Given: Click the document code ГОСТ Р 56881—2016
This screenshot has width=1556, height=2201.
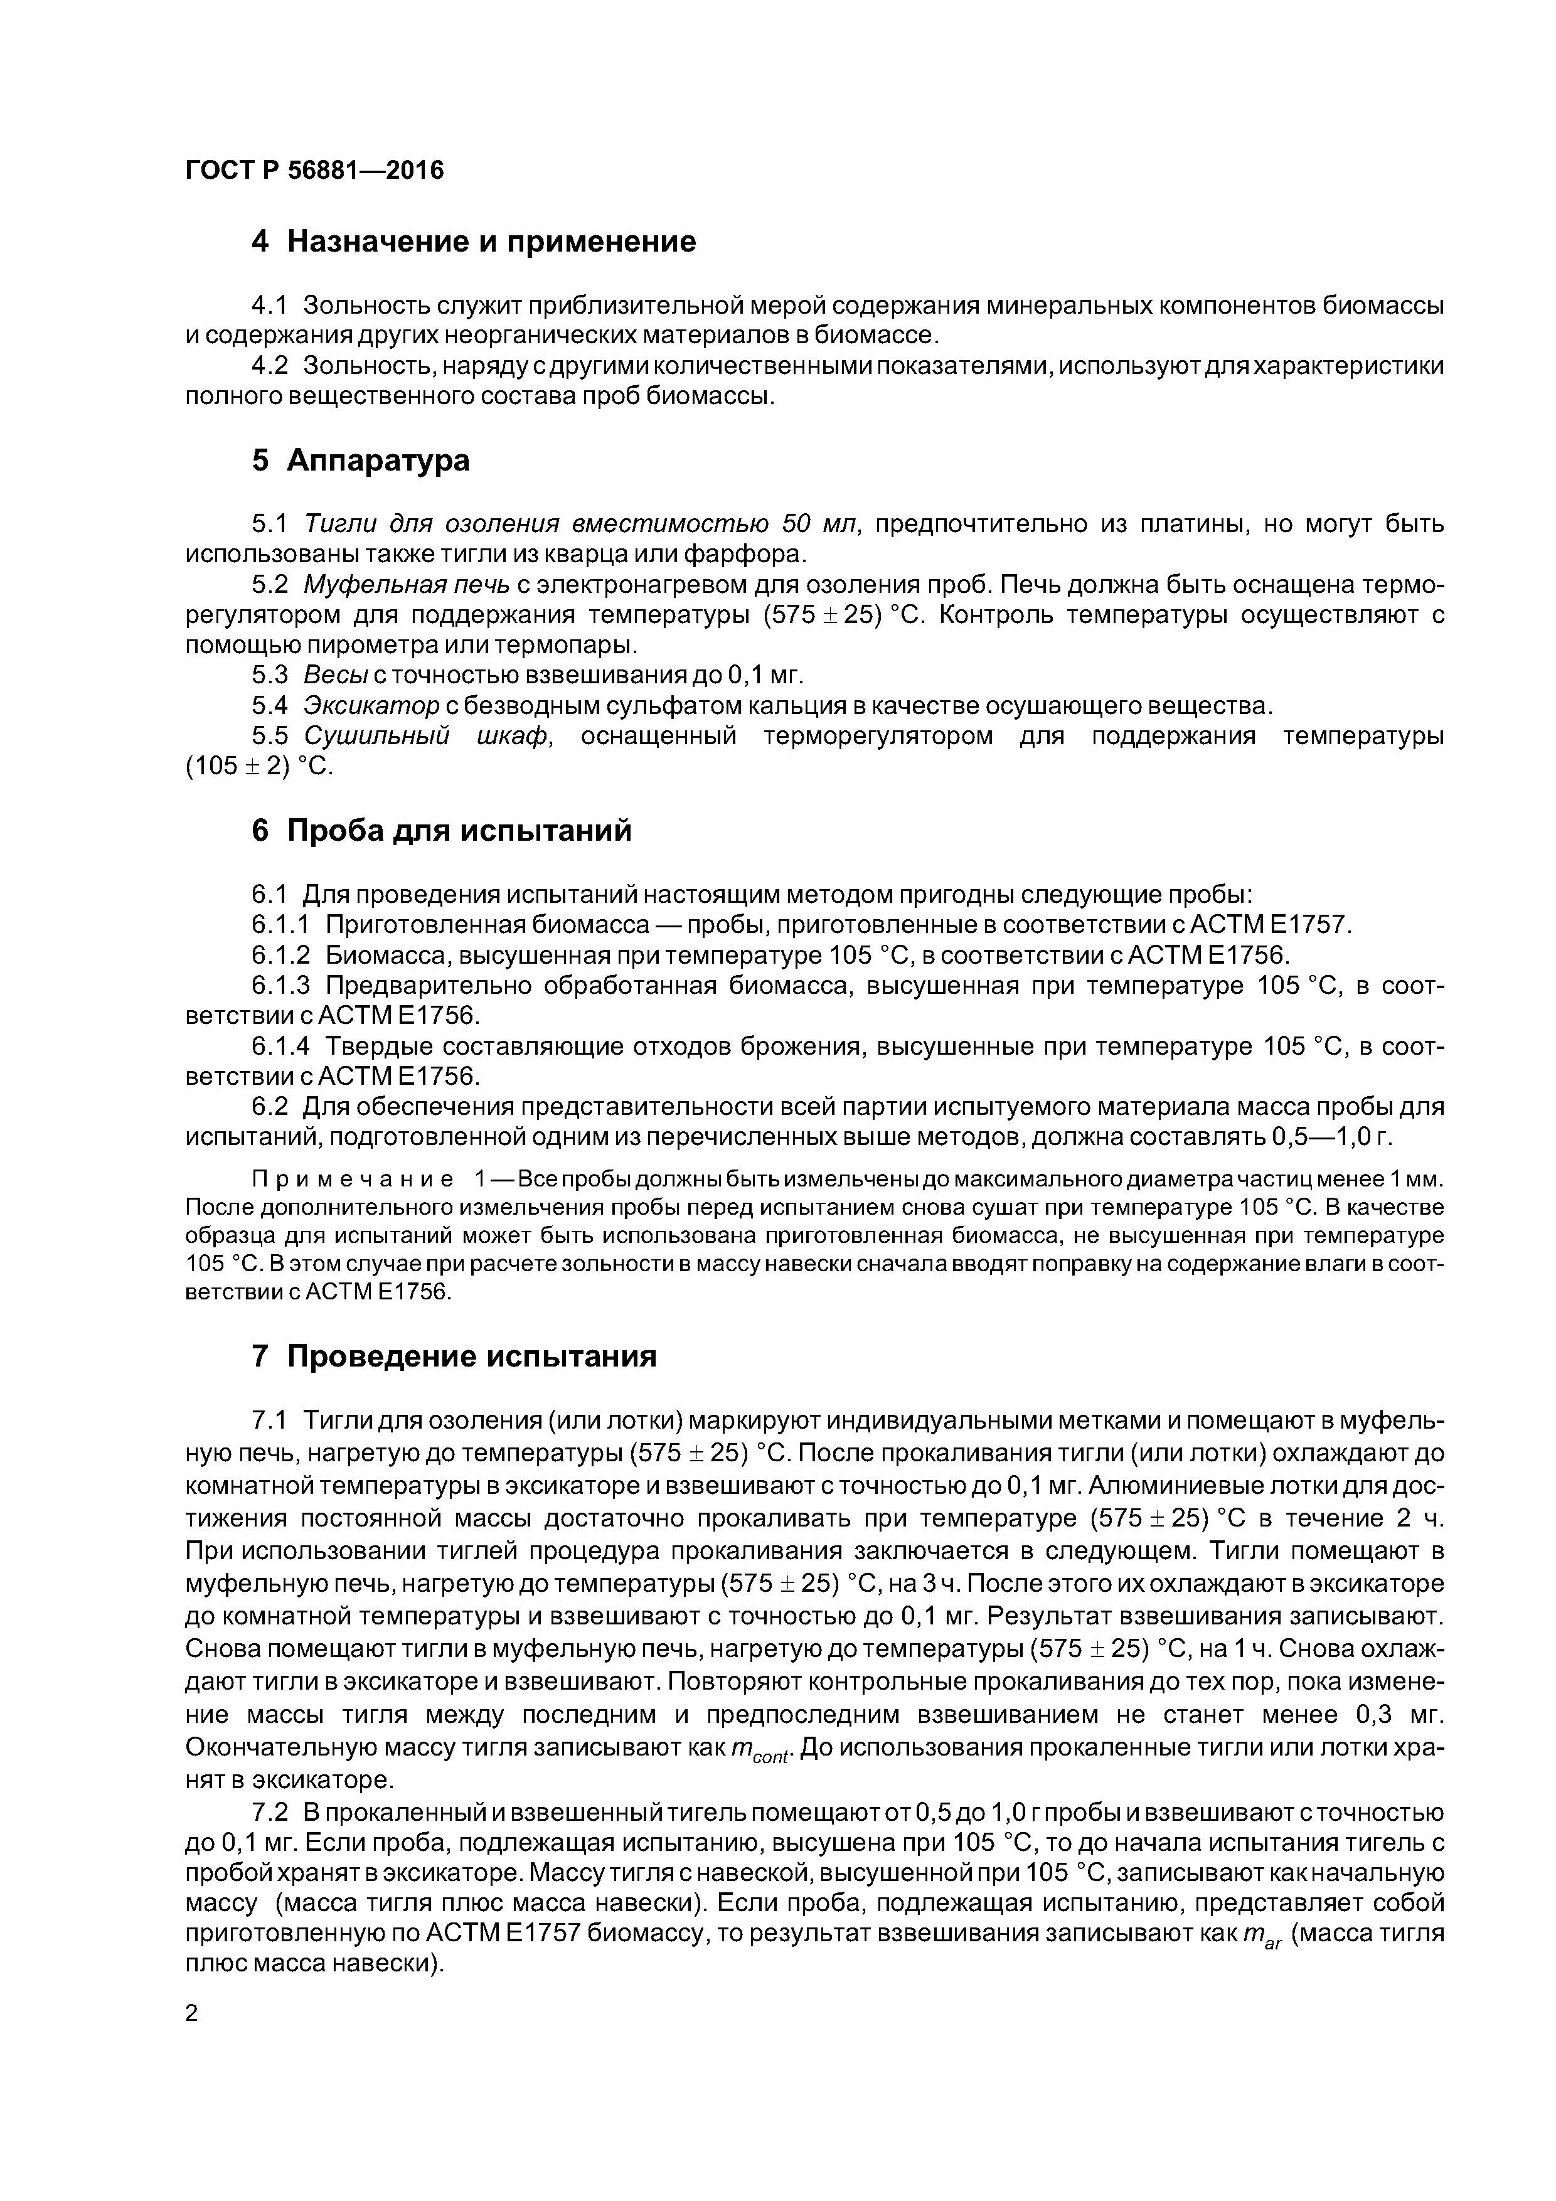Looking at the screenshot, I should pyautogui.click(x=314, y=171).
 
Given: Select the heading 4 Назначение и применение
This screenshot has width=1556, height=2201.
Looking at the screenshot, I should pyautogui.click(x=474, y=242).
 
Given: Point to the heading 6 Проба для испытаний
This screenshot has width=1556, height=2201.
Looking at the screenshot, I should pyautogui.click(x=442, y=830).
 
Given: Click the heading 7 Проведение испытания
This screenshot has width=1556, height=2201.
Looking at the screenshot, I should pyautogui.click(x=454, y=1356).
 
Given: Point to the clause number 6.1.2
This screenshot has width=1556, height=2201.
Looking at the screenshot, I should pyautogui.click(x=281, y=956).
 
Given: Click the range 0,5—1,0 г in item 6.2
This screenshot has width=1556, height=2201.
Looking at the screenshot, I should pyautogui.click(x=1331, y=1137).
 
